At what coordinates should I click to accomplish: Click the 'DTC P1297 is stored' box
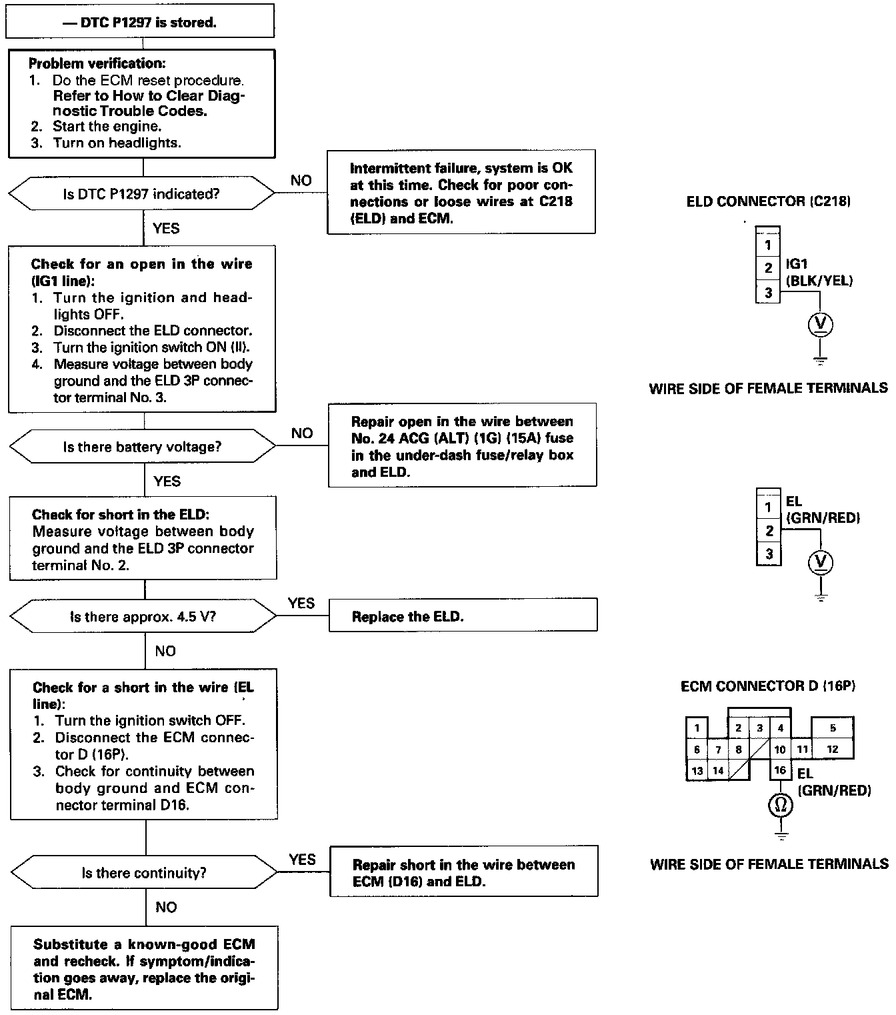coord(140,23)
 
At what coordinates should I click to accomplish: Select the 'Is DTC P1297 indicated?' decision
coord(141,194)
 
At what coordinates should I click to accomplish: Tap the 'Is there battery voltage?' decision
coord(143,447)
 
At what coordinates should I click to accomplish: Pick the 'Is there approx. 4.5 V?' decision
coord(143,617)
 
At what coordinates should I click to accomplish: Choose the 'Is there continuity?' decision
coord(144,873)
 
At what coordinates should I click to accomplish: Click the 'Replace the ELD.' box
coord(463,615)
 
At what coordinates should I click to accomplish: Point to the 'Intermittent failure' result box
coord(461,192)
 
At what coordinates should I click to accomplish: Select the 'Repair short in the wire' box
coord(463,872)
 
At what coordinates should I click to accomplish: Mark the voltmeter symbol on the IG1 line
coord(821,324)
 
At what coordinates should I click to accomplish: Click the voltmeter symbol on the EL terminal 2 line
coord(821,562)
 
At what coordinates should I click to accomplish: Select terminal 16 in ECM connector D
coord(780,770)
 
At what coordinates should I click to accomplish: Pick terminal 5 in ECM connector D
coord(832,728)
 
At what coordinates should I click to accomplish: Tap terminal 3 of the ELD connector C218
coord(768,292)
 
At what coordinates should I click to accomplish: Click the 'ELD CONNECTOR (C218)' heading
coord(768,201)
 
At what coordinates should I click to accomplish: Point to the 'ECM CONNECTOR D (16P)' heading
coord(768,686)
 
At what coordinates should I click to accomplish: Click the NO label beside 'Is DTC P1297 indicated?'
coord(301,180)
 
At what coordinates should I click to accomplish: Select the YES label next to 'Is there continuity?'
coord(302,860)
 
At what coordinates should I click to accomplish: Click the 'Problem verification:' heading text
coord(97,64)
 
